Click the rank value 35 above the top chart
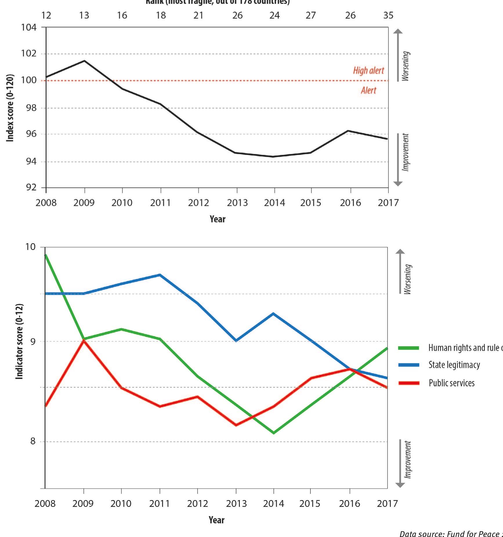[x=388, y=15]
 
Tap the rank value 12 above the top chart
[x=46, y=15]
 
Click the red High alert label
[x=368, y=71]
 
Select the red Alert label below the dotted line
[x=368, y=91]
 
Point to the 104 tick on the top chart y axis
[x=29, y=28]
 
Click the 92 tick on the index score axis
[x=31, y=188]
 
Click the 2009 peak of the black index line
[x=84, y=61]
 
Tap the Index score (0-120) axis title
[x=10, y=108]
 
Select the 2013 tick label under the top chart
[x=237, y=203]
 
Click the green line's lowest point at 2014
[x=274, y=433]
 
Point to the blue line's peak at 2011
[x=160, y=275]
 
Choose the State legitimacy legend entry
[x=454, y=365]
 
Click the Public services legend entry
[x=451, y=383]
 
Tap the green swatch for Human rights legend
[x=408, y=348]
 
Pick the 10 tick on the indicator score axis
[x=30, y=247]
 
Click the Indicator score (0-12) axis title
[x=19, y=341]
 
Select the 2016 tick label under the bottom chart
[x=349, y=504]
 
